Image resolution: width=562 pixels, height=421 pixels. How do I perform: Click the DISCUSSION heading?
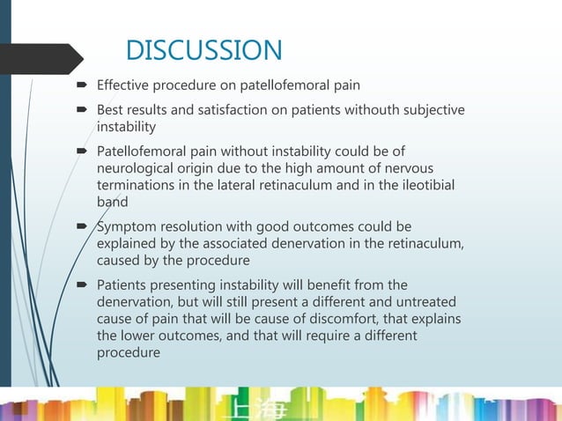pos(203,49)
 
